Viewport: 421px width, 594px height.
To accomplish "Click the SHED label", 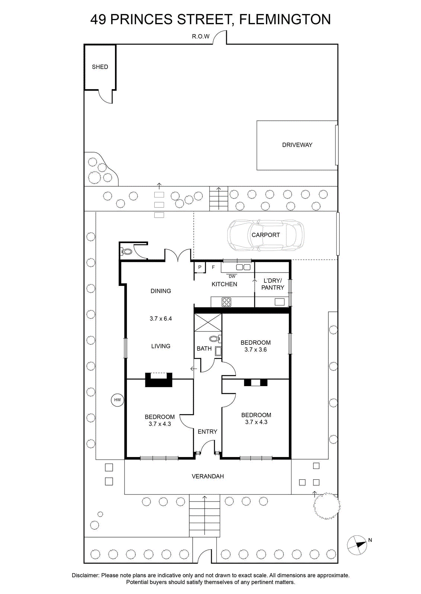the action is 100,67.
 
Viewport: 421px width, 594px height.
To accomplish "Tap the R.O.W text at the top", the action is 201,36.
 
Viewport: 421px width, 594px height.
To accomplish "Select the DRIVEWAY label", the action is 297,145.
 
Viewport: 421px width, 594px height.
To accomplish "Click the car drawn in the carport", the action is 266,235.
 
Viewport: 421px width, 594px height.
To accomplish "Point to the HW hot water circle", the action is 118,400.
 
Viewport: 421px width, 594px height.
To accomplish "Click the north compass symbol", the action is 357,545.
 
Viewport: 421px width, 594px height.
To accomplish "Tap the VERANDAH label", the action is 208,476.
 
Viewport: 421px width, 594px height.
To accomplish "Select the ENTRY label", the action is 208,432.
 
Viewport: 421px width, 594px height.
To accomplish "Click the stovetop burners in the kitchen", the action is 226,302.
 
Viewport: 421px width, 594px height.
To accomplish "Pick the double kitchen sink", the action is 243,267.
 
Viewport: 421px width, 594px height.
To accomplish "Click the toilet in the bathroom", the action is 215,339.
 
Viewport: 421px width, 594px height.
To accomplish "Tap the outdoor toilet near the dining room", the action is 126,251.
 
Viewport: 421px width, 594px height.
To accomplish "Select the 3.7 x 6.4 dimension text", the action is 161,319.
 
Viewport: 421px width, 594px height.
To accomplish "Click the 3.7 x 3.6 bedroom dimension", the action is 256,349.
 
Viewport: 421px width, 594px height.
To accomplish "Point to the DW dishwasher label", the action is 232,276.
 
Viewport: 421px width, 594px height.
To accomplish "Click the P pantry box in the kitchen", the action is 200,267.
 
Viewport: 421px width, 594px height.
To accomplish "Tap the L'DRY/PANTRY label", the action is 273,284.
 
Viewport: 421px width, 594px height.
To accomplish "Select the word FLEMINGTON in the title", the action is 285,19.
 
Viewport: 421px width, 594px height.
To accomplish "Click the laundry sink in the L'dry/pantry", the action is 279,302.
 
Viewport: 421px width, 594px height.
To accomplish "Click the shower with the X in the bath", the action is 208,322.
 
